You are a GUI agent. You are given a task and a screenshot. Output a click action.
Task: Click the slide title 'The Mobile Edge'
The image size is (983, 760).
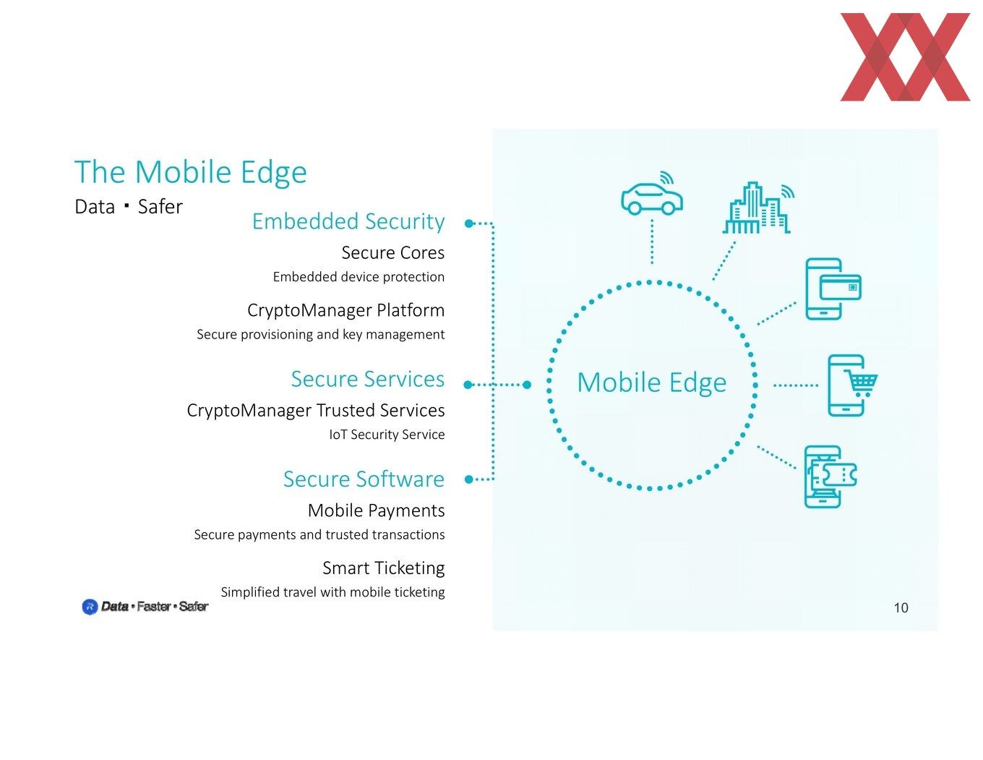click(190, 172)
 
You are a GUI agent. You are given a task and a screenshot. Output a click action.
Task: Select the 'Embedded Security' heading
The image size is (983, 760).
click(348, 222)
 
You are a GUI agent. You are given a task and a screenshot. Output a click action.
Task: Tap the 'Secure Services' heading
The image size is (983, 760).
click(368, 379)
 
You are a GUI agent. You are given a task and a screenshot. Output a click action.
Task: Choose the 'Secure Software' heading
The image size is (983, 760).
click(364, 479)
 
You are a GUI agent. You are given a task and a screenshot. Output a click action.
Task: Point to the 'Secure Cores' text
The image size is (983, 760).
click(392, 252)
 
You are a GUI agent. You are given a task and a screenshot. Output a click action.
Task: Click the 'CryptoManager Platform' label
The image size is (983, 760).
click(346, 310)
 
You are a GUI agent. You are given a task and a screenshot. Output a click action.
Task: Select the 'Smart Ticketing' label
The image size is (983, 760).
click(384, 568)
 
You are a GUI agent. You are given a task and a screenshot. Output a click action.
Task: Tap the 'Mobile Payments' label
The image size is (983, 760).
click(377, 511)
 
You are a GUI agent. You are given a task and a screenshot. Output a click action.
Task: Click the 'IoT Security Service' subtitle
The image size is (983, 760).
click(387, 435)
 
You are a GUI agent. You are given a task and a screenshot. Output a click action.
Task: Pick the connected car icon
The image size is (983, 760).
click(652, 193)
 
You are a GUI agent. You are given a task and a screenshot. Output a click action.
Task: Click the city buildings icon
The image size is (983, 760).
click(758, 208)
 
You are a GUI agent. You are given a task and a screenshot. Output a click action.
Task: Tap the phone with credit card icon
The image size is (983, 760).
click(833, 289)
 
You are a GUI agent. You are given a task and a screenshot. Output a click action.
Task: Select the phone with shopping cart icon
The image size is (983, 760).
click(852, 385)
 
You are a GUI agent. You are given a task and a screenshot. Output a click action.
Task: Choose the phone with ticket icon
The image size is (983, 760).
click(830, 477)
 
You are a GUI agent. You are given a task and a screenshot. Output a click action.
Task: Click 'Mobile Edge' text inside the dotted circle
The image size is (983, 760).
click(652, 383)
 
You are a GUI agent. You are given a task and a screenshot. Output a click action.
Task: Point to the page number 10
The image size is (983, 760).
click(901, 607)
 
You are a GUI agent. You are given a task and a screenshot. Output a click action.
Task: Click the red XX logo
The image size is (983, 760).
click(905, 57)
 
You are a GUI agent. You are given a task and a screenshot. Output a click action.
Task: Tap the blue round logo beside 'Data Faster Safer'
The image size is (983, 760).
click(90, 607)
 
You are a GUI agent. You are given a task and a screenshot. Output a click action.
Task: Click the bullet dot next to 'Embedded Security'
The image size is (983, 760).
click(469, 223)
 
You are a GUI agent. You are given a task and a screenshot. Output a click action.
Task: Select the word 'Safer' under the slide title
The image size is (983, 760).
click(160, 207)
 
